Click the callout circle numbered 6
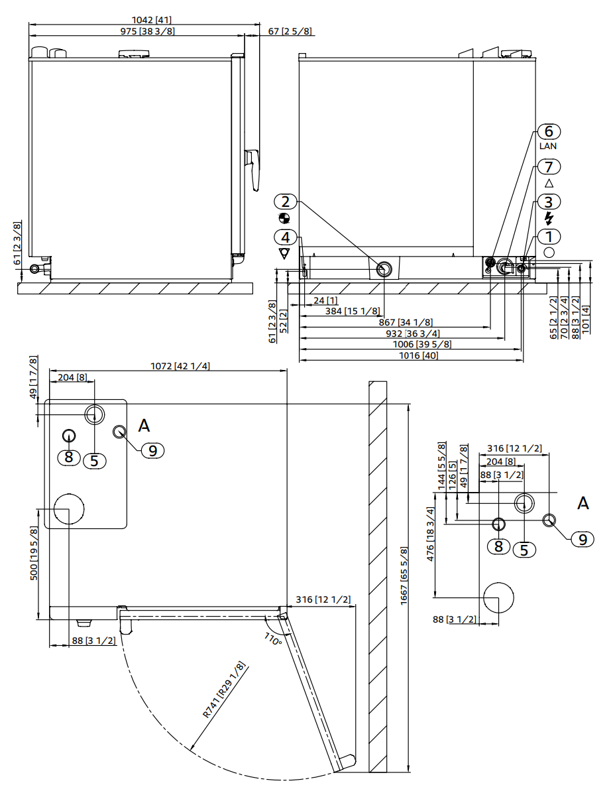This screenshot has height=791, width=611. [x=549, y=131]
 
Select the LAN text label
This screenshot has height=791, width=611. [x=549, y=146]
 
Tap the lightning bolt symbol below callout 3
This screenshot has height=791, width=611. [x=549, y=218]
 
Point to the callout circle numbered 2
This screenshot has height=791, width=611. [x=285, y=202]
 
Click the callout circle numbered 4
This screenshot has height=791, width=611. [x=285, y=237]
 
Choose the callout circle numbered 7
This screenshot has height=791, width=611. [x=549, y=166]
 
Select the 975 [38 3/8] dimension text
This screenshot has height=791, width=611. [x=147, y=31]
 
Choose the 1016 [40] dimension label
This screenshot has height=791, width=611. [x=418, y=355]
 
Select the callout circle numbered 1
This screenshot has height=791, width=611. [x=549, y=237]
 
